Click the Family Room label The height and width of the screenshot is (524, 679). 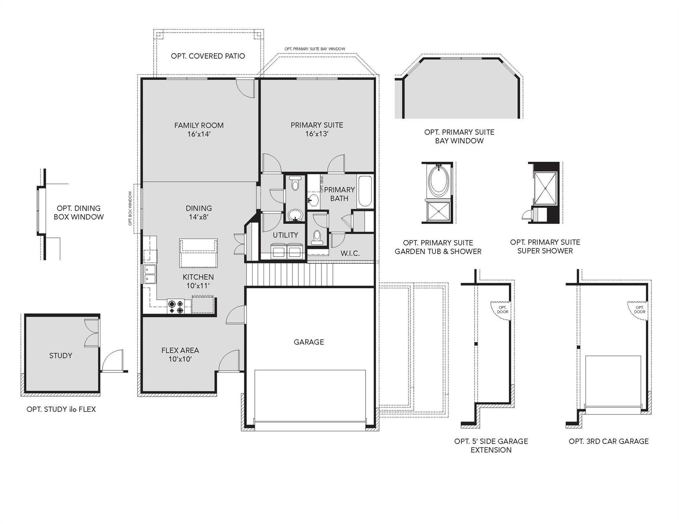click(199, 125)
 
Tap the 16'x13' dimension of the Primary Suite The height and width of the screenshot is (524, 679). click(317, 134)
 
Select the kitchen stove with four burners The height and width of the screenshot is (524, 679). click(176, 306)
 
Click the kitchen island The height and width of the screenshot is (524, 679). click(198, 253)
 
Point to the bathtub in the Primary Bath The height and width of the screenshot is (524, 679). click(365, 191)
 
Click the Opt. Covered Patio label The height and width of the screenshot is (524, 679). click(208, 56)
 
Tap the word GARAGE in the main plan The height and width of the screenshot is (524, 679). click(309, 342)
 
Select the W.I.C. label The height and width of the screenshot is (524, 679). click(350, 253)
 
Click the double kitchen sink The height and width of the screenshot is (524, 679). click(150, 274)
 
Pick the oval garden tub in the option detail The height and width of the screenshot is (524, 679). click(439, 181)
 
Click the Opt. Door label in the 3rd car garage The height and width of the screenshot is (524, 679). click(639, 310)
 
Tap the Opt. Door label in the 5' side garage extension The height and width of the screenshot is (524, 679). click(502, 310)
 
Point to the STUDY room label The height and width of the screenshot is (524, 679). click(61, 355)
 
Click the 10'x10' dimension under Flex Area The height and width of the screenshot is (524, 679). click(180, 359)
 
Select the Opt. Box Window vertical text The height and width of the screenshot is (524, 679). click(130, 208)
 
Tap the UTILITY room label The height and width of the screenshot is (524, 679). click(285, 235)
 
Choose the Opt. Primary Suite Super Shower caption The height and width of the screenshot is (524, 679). click(545, 246)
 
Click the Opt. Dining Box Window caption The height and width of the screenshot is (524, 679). click(79, 212)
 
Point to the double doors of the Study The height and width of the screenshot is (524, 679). click(92, 333)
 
